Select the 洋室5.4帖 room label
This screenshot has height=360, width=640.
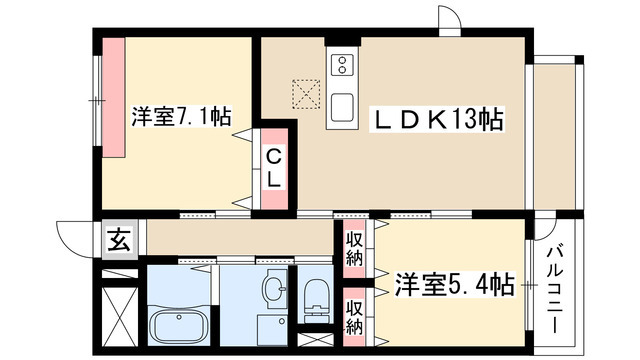(454, 285)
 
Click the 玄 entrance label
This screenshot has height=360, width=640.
(118, 241)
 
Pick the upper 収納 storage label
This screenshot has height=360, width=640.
(354, 248)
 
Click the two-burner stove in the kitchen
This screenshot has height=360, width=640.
(341, 67)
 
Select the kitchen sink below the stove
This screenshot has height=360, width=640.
(341, 105)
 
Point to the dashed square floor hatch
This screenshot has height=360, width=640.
(303, 93)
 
